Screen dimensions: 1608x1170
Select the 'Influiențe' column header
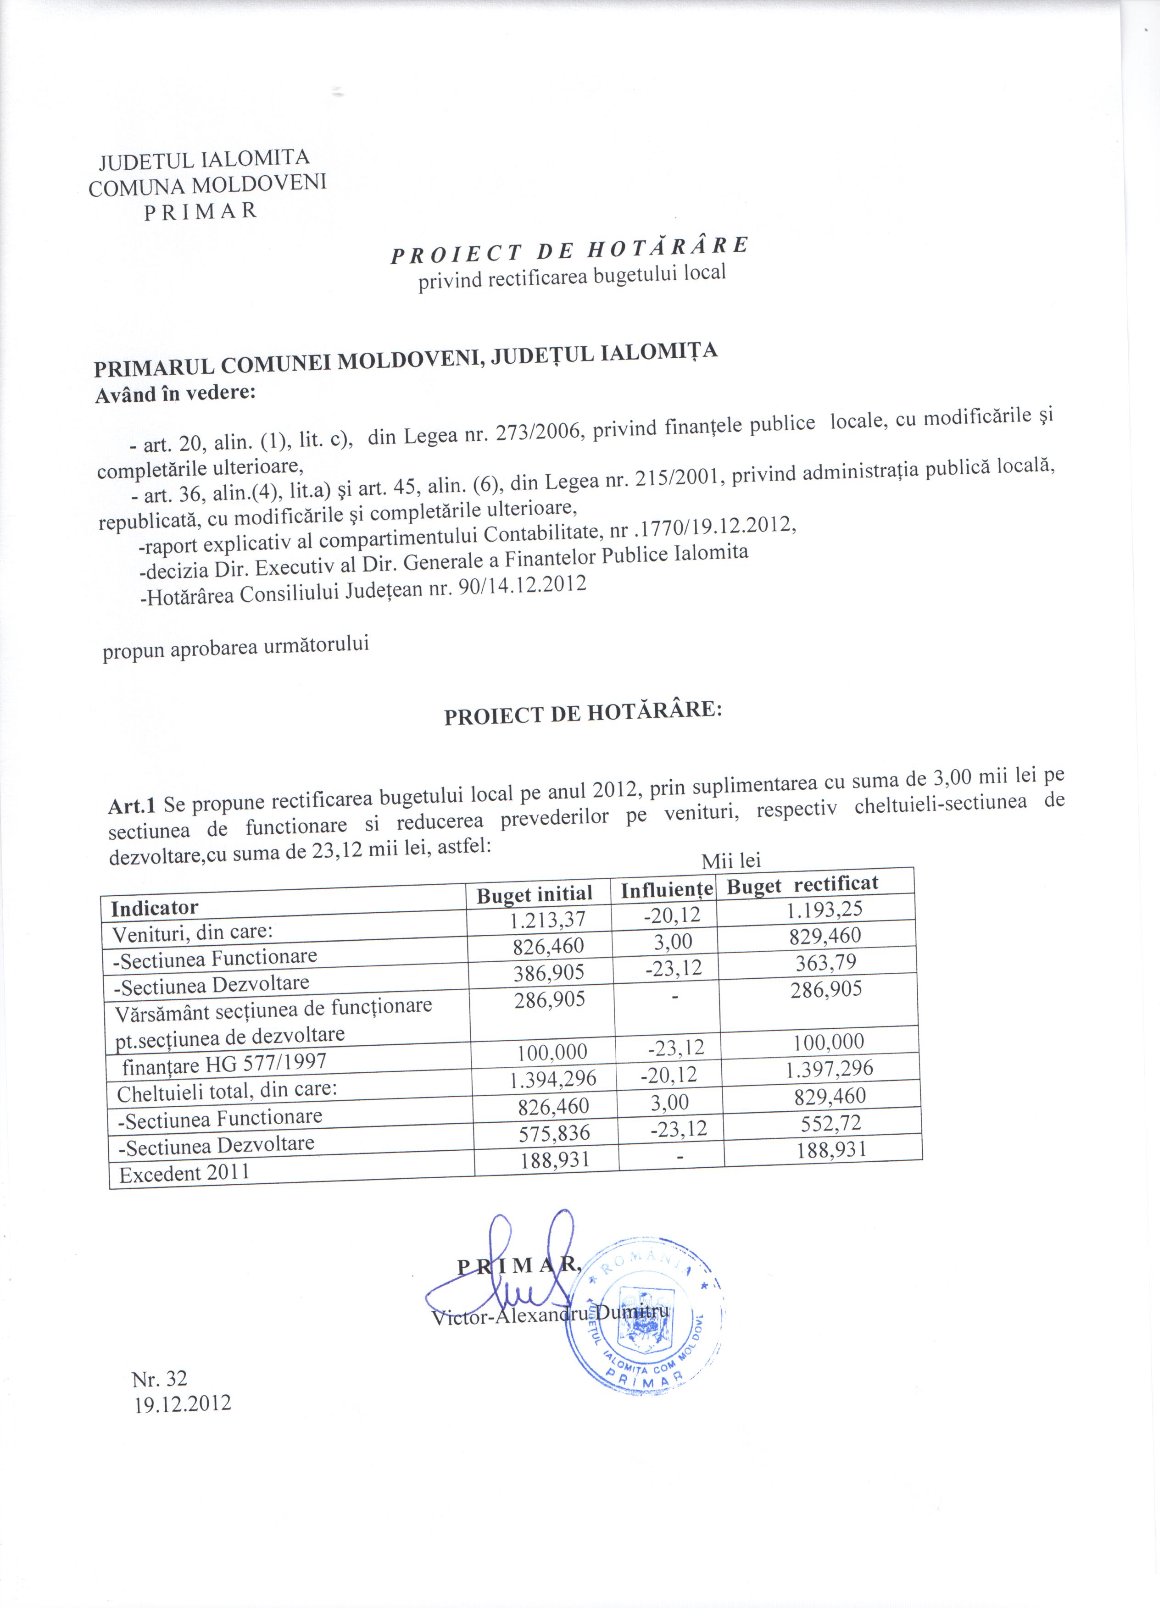tap(667, 889)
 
